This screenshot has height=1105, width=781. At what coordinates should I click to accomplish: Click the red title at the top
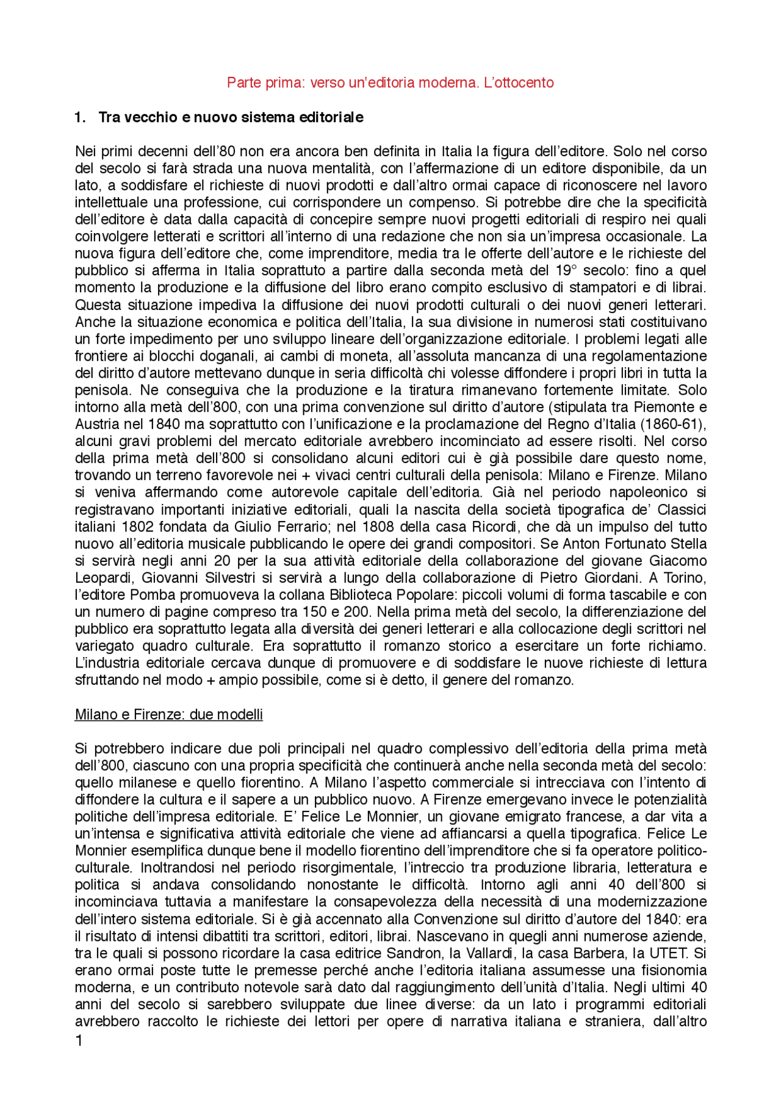click(390, 82)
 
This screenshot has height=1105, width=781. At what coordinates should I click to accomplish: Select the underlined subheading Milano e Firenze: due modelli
click(168, 714)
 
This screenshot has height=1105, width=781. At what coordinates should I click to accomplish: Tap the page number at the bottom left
click(79, 1042)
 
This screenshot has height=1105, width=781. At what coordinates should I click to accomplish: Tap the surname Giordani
click(611, 578)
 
